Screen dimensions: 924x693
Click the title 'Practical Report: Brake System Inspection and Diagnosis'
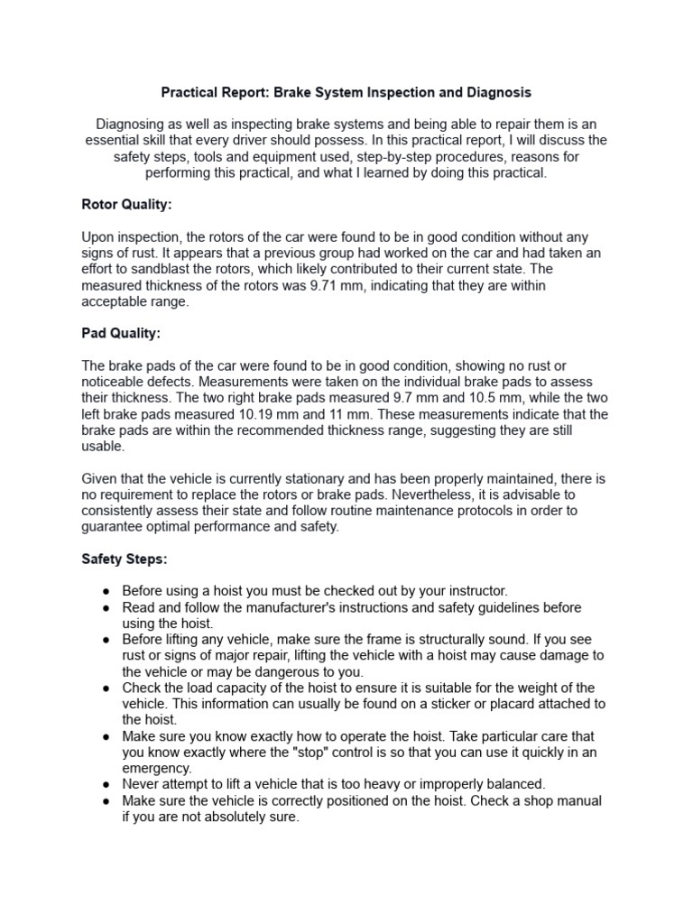tap(346, 92)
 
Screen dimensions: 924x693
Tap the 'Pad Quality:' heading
tap(121, 333)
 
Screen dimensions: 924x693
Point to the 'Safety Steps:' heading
tap(125, 559)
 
